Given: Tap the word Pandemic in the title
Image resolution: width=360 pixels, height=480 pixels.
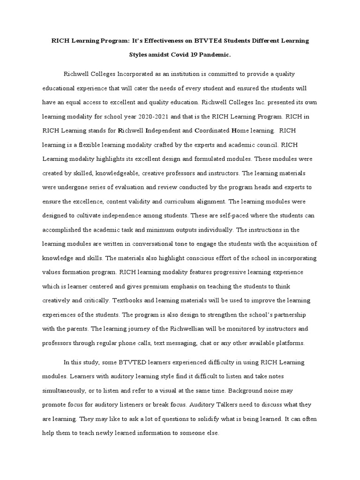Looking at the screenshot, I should click(214, 55).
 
